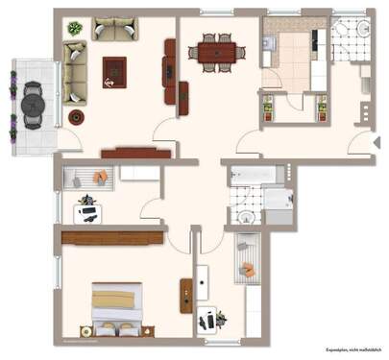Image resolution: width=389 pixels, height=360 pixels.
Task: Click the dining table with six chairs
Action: pyautogui.click(x=210, y=52)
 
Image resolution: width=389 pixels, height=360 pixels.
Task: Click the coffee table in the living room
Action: pyautogui.click(x=114, y=70)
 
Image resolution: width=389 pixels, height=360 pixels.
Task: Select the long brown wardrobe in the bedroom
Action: pyautogui.click(x=111, y=236)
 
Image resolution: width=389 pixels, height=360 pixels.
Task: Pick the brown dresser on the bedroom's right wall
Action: pyautogui.click(x=185, y=295)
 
